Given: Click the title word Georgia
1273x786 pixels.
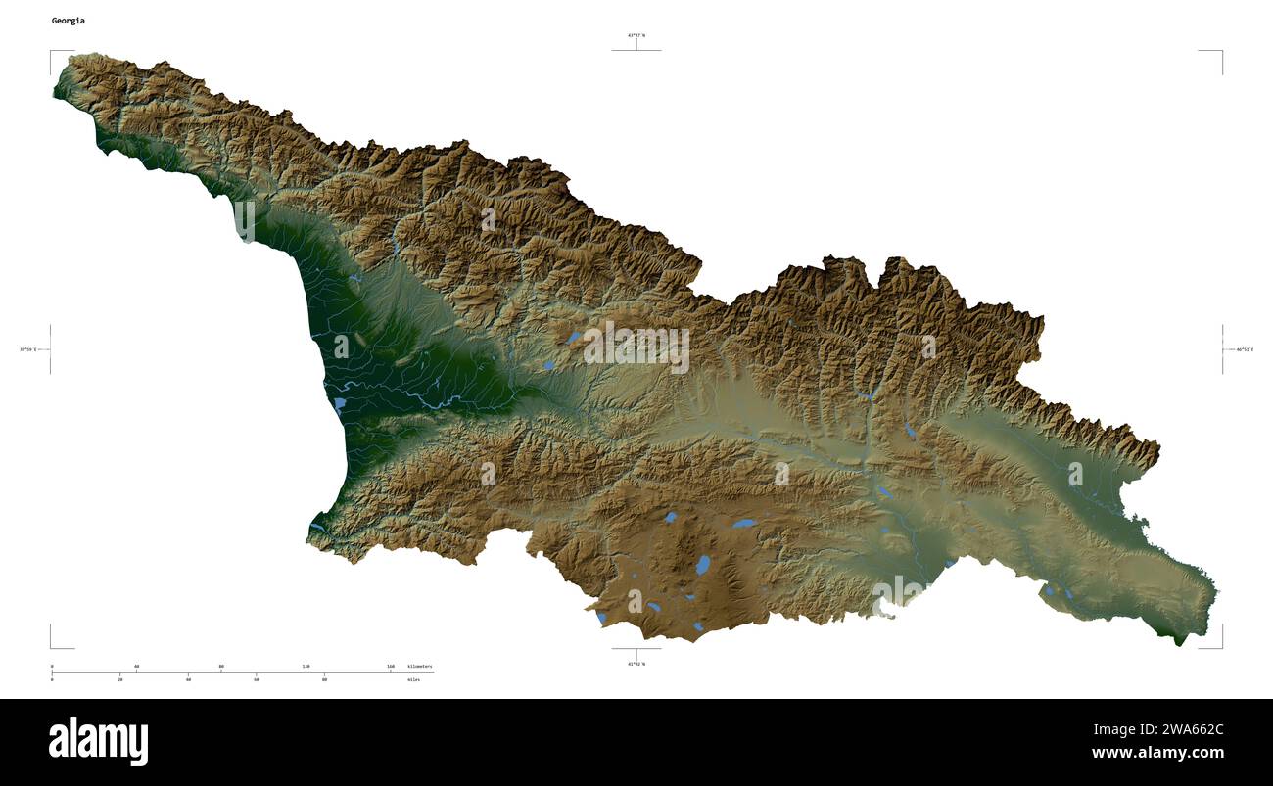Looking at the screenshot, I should coord(69,21).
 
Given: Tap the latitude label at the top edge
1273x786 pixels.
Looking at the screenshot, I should coord(636,35).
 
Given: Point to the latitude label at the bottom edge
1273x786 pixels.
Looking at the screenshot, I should coord(636,664).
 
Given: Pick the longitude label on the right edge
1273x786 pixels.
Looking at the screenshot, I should coord(1244,349).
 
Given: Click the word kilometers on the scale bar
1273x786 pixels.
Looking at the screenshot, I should coord(419,667).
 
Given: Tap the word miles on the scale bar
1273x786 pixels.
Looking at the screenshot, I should coord(413,679).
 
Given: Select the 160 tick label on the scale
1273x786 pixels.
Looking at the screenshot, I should coord(391,667).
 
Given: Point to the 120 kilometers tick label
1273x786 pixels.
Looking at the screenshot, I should coord(306,667).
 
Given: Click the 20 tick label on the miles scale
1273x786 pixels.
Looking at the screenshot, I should coord(120,679).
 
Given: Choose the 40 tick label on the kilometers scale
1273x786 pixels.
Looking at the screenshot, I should coord(136,667).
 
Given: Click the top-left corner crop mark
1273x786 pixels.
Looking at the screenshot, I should coord(52,52).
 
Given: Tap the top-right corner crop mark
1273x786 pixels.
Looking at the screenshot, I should coord(1220,52).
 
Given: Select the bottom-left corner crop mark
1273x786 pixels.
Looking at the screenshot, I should coord(52,646).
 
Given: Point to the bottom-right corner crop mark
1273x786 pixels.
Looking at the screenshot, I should coord(1220,646).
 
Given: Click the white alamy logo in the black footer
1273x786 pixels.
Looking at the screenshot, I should coord(98,741).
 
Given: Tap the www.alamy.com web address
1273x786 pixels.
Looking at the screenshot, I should coord(1157,753).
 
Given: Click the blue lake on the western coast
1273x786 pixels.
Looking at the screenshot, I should coord(340,403).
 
